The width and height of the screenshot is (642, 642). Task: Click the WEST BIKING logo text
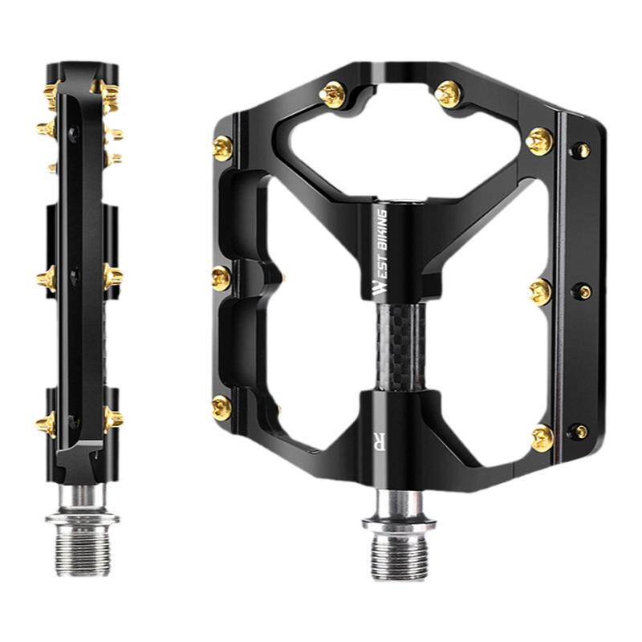coord(380,252)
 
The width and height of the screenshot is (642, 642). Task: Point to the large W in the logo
coord(380,287)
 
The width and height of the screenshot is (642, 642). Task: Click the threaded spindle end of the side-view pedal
coord(82,550)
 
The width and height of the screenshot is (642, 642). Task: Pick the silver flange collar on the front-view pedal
coord(398,523)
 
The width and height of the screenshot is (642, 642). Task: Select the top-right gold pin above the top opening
coord(448,94)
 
